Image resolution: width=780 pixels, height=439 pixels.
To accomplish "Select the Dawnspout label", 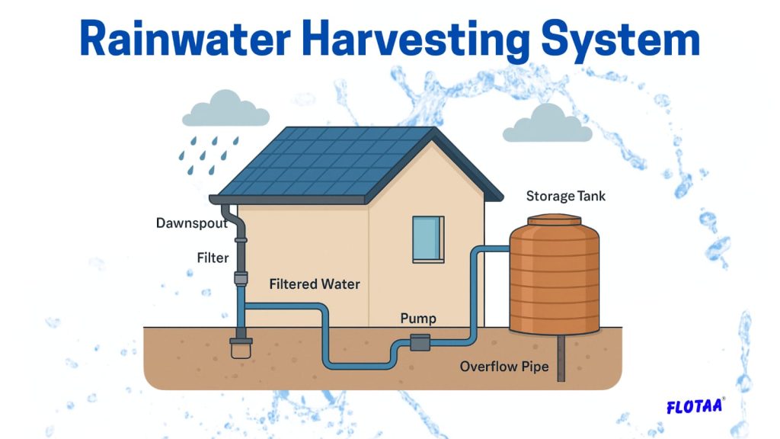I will pos(192,223).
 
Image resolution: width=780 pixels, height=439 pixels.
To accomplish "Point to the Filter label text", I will pos(213,258).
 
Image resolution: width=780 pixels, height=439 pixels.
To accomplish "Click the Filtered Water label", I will pos(315,284).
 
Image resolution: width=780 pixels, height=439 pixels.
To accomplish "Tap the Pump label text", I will pos(418,318).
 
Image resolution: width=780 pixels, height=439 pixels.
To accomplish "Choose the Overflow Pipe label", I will pos(504,367).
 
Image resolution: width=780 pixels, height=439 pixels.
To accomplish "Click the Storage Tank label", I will pos(566,197).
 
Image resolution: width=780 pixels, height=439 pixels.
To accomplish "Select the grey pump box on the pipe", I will pos(420,343).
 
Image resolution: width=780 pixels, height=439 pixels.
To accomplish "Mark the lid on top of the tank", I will pos(555,220).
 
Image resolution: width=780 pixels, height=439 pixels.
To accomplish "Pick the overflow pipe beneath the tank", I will pos(561,358).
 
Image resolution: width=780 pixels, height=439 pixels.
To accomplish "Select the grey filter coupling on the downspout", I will pos(241,279).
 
